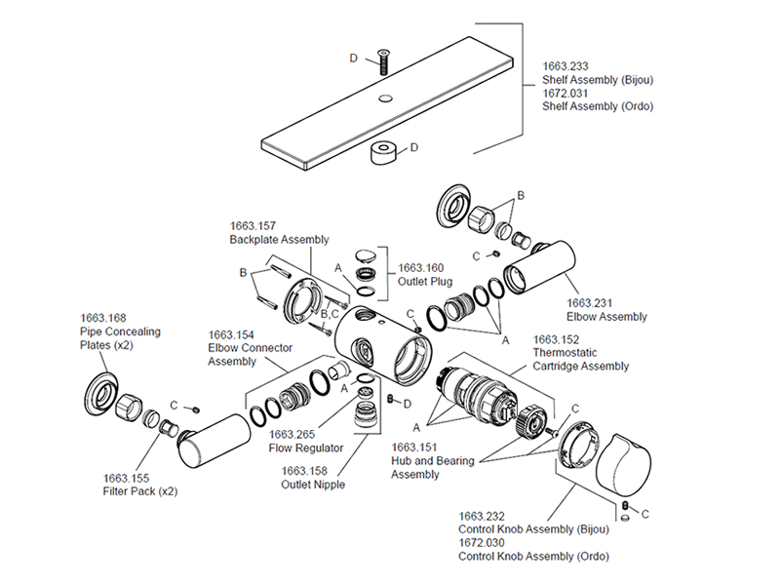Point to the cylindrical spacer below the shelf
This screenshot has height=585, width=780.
[x=384, y=153]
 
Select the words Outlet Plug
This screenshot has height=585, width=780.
[x=424, y=282]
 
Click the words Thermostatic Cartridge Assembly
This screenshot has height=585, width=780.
[x=580, y=360]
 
